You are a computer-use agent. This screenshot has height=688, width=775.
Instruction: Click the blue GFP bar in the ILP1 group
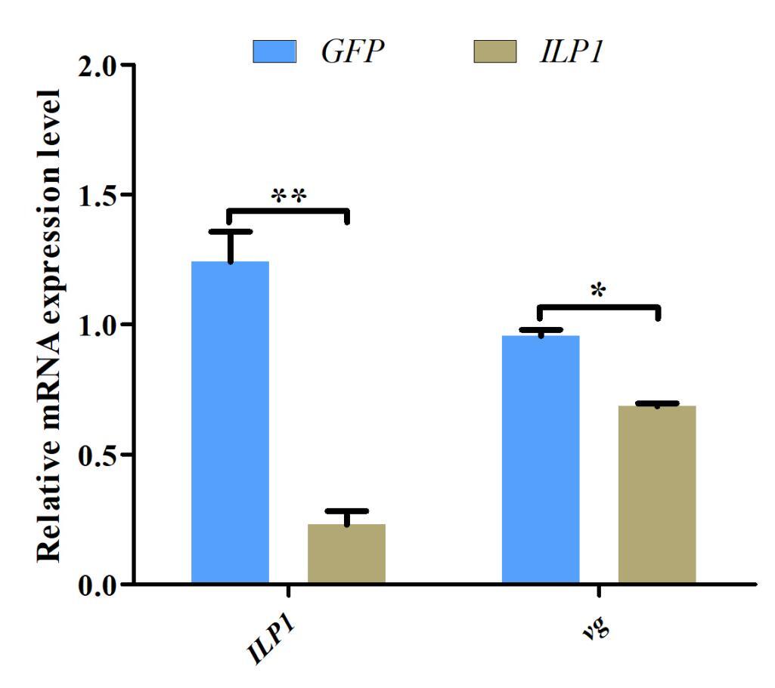pos(230,422)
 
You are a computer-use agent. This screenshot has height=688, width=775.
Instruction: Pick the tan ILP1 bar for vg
pos(657,495)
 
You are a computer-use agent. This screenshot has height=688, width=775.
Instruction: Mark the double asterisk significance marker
pos(288,196)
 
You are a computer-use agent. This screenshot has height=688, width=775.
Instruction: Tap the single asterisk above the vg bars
pos(598,292)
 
